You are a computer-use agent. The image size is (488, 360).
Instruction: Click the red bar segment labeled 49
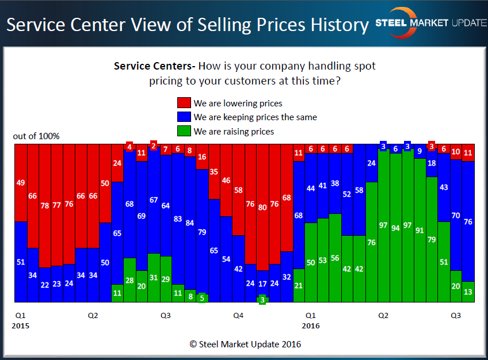click(x=20, y=182)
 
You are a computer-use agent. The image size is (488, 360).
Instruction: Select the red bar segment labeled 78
click(x=45, y=205)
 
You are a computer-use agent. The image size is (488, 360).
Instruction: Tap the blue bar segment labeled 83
click(x=177, y=219)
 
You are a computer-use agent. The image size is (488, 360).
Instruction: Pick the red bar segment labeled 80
click(x=262, y=207)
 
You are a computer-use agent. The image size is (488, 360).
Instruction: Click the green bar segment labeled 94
click(x=395, y=228)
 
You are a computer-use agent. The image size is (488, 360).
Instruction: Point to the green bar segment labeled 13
click(x=468, y=292)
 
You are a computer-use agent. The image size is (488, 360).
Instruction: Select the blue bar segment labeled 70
click(x=456, y=216)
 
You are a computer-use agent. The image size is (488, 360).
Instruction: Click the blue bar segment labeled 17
click(x=262, y=283)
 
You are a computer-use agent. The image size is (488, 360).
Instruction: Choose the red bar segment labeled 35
click(x=213, y=171)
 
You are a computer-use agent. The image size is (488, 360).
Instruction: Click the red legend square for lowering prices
click(x=184, y=104)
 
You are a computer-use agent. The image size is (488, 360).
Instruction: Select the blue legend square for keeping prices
click(x=184, y=117)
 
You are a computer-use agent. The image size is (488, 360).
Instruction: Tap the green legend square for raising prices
click(x=184, y=132)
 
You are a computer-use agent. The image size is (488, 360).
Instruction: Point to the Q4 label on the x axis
click(x=238, y=316)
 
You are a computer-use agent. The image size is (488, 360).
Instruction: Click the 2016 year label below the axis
click(x=311, y=325)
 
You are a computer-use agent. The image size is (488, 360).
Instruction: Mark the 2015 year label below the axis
click(x=20, y=325)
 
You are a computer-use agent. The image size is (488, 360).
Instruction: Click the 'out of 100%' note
click(x=36, y=136)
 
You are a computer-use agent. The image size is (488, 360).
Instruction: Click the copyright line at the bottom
click(x=245, y=344)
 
